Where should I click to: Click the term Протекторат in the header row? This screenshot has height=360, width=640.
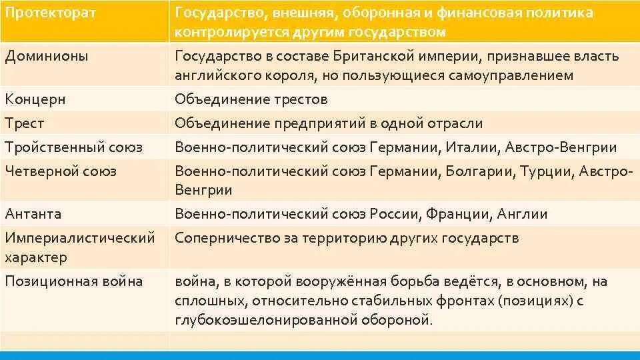51,13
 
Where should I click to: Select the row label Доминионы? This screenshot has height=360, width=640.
47,56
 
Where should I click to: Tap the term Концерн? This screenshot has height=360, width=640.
35,100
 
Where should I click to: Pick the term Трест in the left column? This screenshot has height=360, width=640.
25,123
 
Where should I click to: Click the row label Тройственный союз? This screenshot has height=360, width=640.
73,147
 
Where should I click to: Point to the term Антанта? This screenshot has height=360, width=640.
33,214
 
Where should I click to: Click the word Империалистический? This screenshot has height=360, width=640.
80,237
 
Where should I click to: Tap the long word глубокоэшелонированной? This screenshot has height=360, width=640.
263,320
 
